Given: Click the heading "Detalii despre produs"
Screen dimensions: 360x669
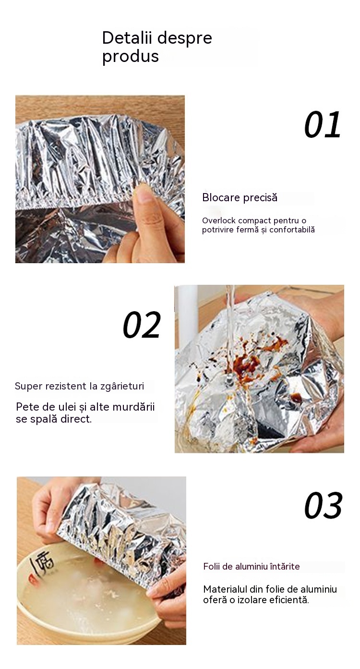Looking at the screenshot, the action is (x=157, y=47).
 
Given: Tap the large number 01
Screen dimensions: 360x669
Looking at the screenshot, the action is (x=323, y=124).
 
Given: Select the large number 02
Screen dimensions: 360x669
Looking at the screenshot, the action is (x=142, y=325).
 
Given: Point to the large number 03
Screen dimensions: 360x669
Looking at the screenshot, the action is (x=324, y=506).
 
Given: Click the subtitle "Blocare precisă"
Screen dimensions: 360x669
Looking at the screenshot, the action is (x=240, y=197).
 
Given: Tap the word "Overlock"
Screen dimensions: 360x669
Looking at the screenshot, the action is (x=219, y=221).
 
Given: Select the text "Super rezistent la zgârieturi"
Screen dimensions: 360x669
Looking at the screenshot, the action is (x=79, y=386).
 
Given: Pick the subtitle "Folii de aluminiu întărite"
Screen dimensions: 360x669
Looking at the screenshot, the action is (x=252, y=567).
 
